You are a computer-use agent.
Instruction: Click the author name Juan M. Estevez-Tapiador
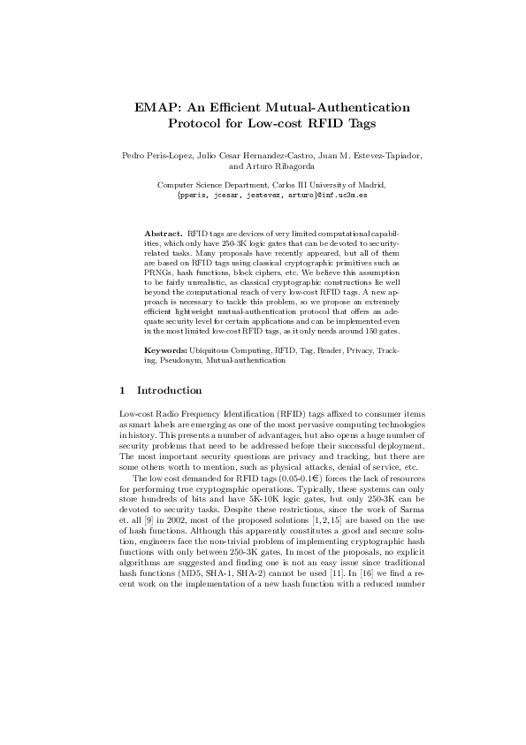point(353,156)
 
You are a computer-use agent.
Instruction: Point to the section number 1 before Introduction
point(121,389)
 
